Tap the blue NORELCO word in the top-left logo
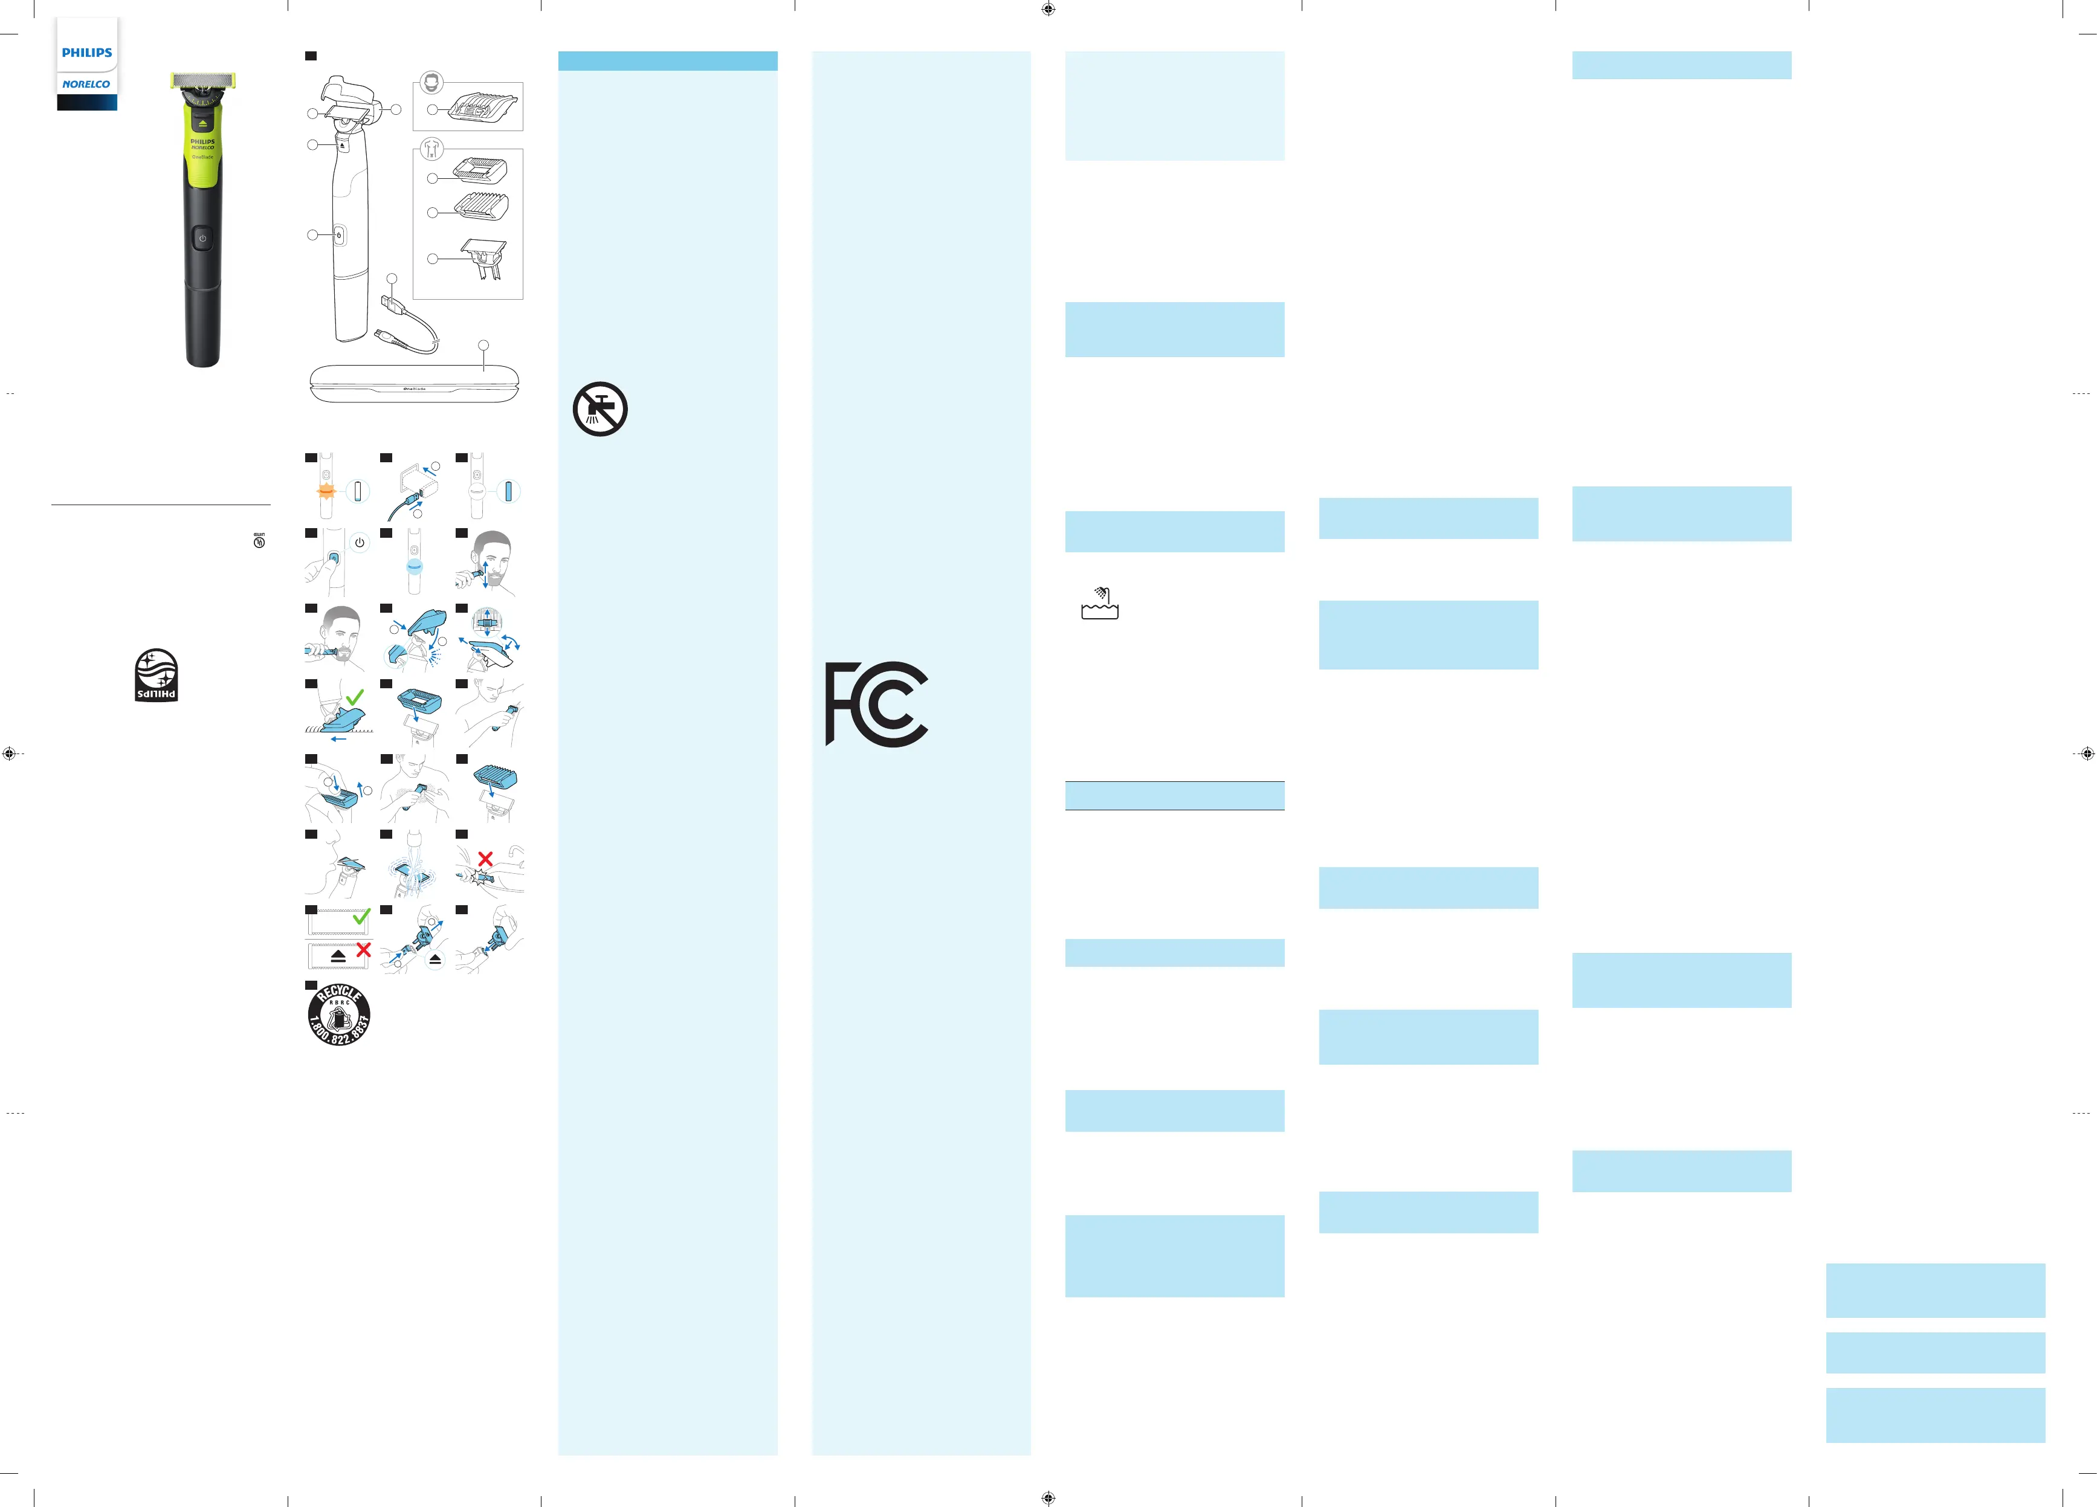click(86, 84)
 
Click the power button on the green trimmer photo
click(202, 237)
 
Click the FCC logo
click(876, 703)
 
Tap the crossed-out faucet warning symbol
click(600, 408)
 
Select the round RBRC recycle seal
click(340, 1014)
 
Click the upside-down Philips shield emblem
click(157, 675)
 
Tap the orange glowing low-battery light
click(326, 491)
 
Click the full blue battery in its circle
click(508, 491)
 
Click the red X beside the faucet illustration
click(485, 859)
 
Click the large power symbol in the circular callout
click(360, 543)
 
